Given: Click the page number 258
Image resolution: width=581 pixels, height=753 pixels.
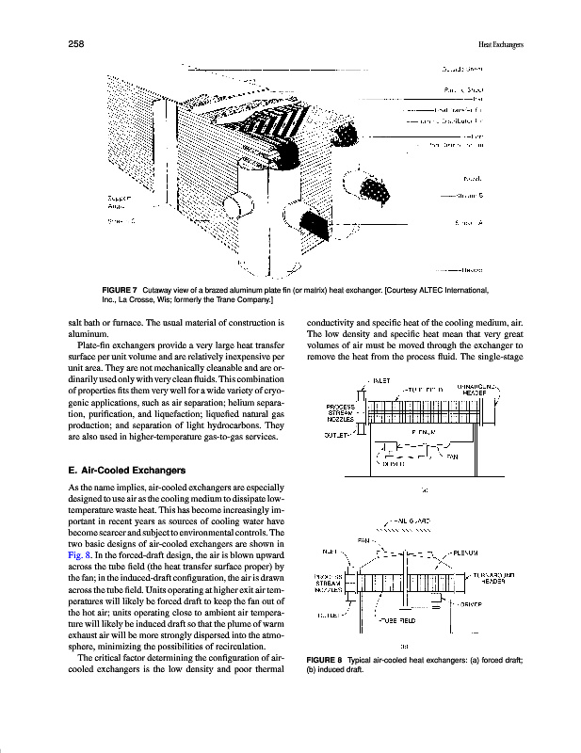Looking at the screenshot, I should click(x=77, y=43).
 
